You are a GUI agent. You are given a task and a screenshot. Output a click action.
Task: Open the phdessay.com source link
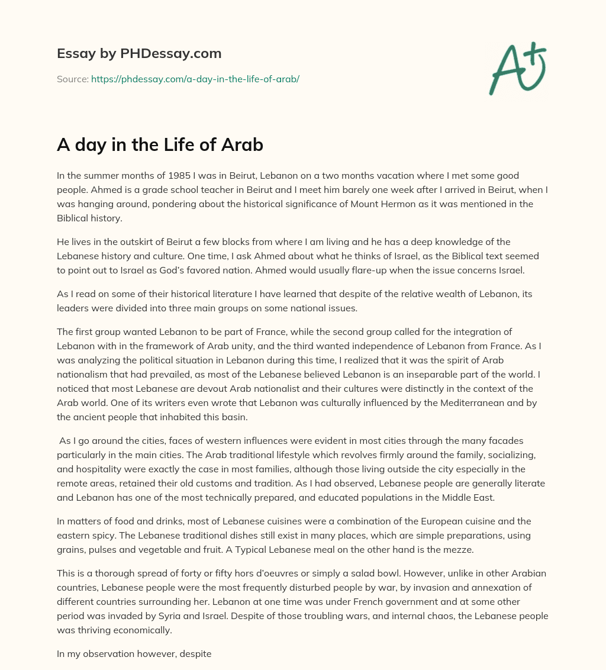click(195, 79)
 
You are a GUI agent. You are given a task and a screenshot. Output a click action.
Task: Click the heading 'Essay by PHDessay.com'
click(139, 54)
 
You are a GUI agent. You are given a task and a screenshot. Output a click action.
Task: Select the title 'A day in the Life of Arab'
click(160, 145)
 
